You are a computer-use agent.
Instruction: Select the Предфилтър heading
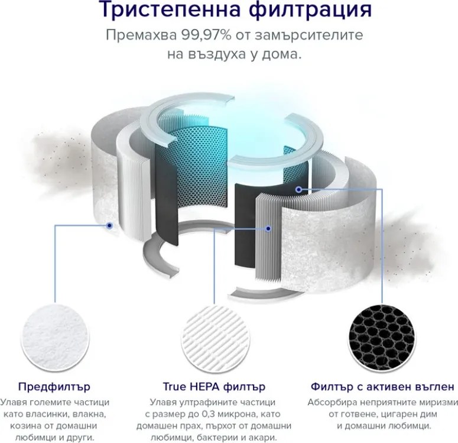tap(54, 387)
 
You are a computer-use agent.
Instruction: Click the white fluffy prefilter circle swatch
tap(54, 330)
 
